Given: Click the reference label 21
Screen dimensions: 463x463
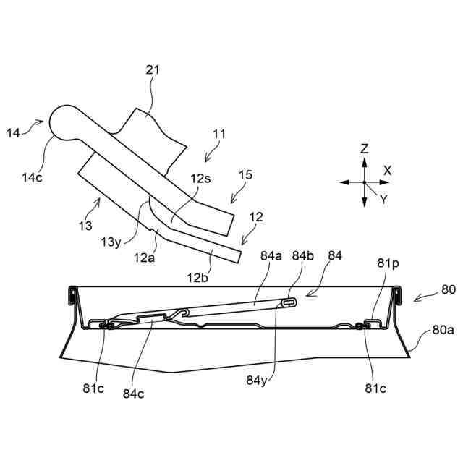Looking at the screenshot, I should coord(153,70).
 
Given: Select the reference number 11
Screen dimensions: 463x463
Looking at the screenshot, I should coord(219,135).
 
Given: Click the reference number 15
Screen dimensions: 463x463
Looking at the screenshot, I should coord(246,175).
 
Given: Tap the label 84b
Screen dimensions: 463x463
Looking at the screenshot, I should coord(303,255).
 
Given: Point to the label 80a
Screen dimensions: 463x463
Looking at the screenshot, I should coord(443,330).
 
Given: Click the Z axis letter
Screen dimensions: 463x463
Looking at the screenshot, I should coord(365,150).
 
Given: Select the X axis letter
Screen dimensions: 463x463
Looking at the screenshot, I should coord(388,171).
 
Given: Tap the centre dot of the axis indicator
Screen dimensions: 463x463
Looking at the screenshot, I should coord(365,183).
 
